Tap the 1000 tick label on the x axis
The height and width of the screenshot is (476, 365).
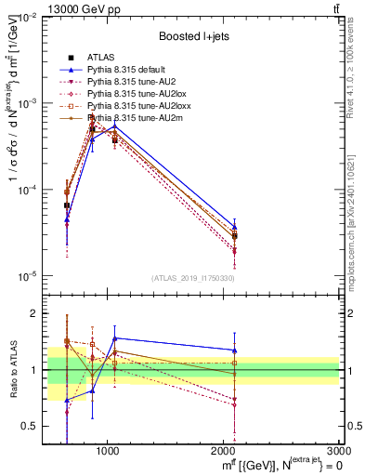pos(107,450)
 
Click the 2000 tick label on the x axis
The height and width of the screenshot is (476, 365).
pos(223,450)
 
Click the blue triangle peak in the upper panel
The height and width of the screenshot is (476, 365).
pos(114,126)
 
